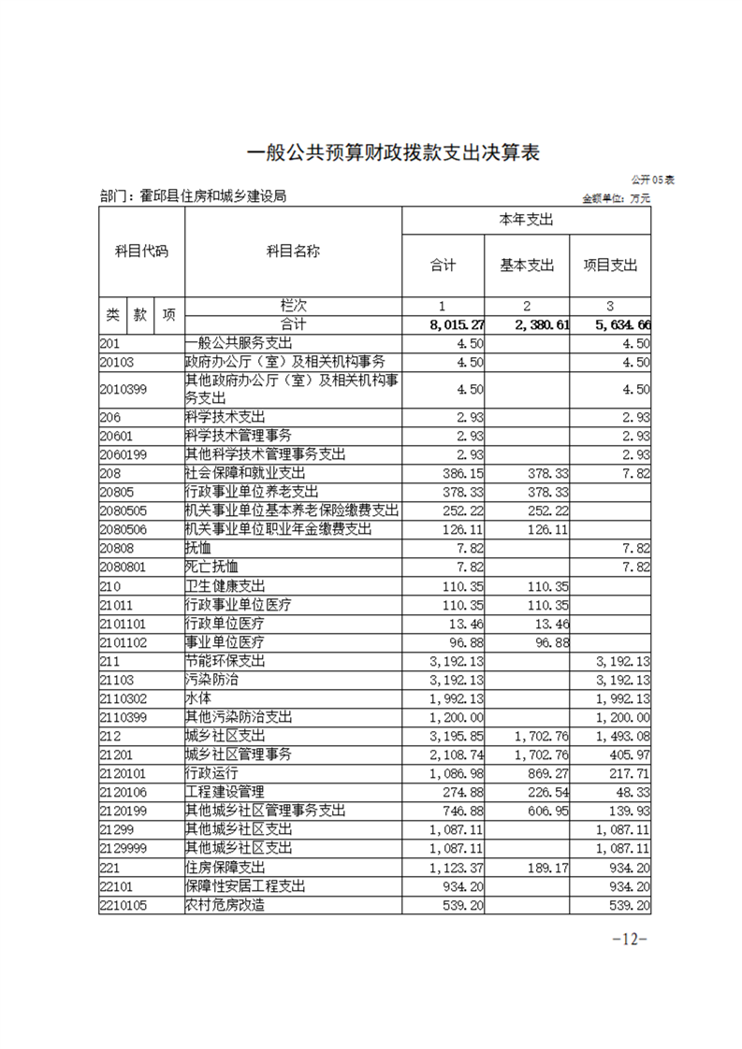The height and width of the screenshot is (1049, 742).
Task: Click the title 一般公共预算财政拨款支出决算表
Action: click(393, 151)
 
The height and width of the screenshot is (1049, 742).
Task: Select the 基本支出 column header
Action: click(527, 265)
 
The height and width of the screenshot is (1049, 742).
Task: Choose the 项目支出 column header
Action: click(610, 265)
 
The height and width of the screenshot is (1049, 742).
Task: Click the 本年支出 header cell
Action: click(527, 220)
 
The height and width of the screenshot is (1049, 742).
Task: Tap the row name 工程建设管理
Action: click(221, 792)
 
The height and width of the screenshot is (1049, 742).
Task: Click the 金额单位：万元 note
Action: click(616, 198)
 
